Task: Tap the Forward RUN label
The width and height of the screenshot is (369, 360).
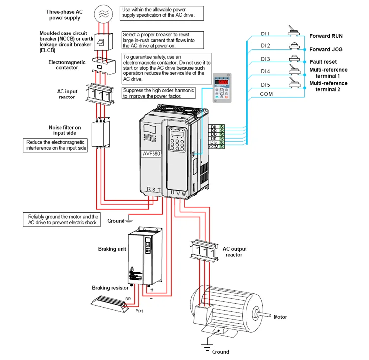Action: [333, 36]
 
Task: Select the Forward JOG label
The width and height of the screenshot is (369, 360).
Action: [333, 49]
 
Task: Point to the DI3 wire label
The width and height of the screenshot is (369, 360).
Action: [265, 59]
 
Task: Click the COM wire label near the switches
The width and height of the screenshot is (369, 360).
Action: [266, 94]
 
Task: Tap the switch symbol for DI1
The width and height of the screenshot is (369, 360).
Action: [294, 33]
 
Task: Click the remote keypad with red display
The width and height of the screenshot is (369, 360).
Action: [221, 89]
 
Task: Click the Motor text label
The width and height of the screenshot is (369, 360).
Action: [280, 317]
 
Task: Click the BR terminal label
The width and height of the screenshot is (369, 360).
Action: [128, 299]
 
